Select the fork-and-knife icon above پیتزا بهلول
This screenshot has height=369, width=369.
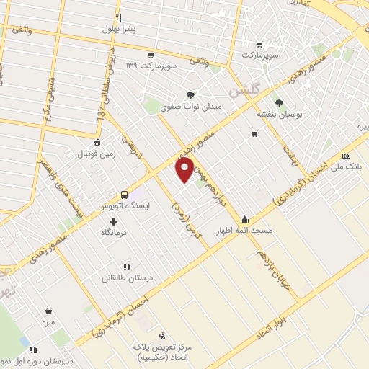119,17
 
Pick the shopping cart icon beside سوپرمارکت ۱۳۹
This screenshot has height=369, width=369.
150,55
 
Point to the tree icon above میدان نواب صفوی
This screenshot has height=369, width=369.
190,95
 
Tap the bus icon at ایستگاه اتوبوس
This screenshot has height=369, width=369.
124,195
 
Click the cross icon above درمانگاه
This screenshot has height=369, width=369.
112,221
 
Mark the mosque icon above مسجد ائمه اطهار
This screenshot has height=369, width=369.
245,219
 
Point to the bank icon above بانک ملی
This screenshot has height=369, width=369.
347,155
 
